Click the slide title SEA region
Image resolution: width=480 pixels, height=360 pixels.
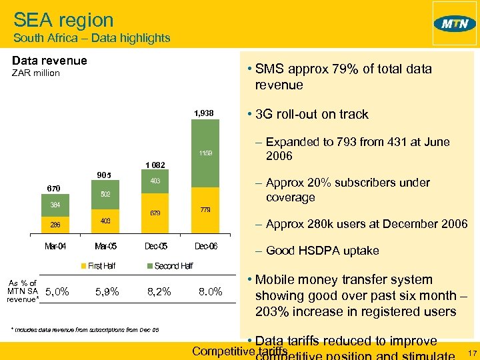(63, 20)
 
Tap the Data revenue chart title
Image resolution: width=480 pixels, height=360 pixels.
(49, 61)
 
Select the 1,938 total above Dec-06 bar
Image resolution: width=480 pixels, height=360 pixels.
(204, 113)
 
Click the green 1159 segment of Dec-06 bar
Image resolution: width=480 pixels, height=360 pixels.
(204, 153)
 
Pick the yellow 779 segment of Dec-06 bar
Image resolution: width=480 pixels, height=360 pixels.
(204, 209)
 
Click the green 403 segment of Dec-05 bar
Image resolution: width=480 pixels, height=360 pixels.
(154, 181)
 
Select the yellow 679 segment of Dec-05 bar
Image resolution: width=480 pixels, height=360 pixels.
(154, 213)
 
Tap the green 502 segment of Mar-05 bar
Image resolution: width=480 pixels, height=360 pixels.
(105, 194)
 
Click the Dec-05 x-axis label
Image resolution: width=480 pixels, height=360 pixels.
(154, 246)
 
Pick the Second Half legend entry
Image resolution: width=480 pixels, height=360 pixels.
(169, 266)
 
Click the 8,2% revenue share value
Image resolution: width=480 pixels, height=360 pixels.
(159, 291)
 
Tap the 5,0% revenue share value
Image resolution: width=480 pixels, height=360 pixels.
(57, 291)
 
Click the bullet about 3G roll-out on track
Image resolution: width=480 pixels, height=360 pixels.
(311, 114)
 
